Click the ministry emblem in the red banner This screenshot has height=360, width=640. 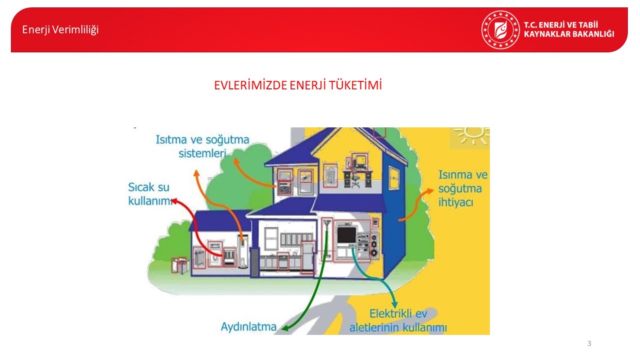(x=500, y=30)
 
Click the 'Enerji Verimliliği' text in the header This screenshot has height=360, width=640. (x=60, y=30)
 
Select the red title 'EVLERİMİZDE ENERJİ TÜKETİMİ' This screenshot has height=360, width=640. (x=298, y=85)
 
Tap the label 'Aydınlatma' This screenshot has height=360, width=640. (x=249, y=327)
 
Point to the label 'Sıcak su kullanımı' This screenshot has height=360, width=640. (x=150, y=194)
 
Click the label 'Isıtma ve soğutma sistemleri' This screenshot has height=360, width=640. (x=202, y=146)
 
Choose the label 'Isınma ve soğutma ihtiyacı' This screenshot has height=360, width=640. (x=463, y=188)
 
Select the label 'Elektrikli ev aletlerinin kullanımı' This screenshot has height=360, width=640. (x=398, y=320)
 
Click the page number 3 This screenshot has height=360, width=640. (x=589, y=343)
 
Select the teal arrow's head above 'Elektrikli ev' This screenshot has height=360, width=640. (x=395, y=304)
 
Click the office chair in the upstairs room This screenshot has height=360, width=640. (x=356, y=182)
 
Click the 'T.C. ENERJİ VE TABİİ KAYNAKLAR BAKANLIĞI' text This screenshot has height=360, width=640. (x=569, y=29)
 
